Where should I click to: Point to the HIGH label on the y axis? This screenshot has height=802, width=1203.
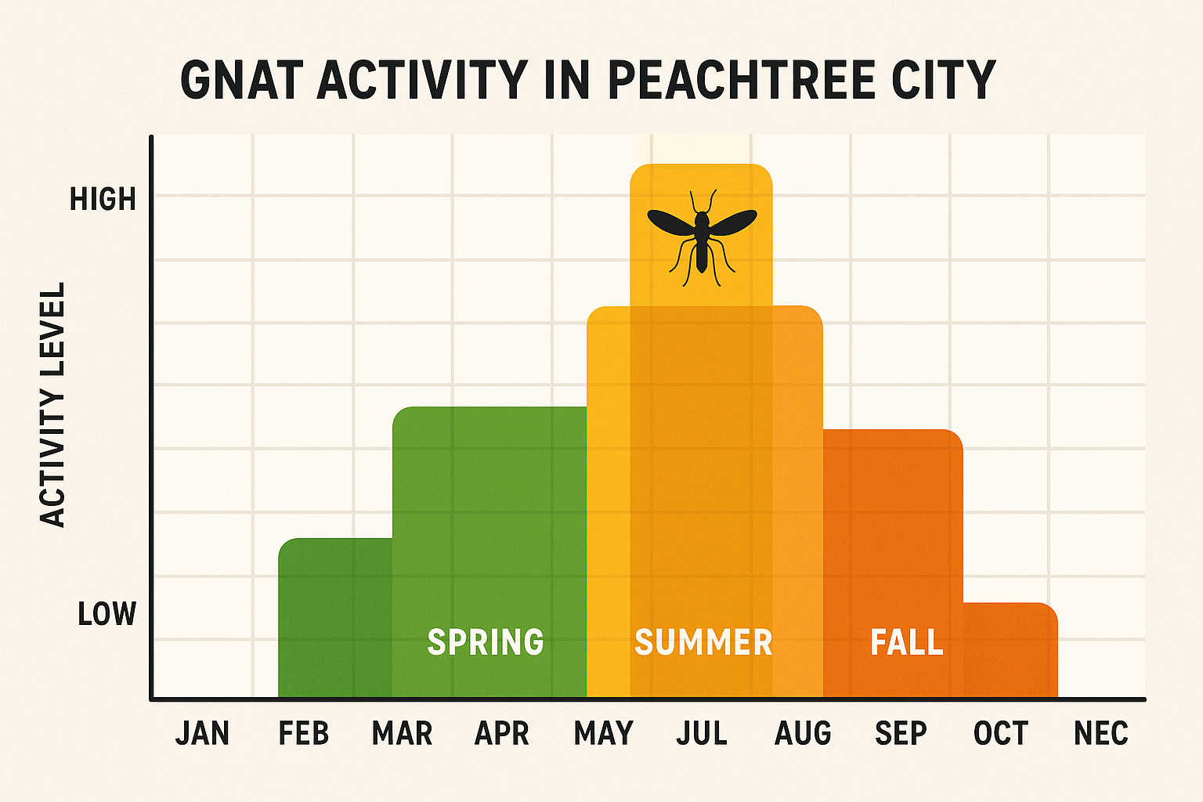coord(103,200)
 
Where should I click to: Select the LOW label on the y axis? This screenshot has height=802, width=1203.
coord(107,614)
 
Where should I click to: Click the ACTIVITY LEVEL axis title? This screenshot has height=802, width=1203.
coord(52,406)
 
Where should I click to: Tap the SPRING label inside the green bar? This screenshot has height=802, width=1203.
coord(486,642)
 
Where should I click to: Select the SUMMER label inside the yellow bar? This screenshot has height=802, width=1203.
coord(703,642)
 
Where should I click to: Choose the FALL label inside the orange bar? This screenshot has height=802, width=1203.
coord(907,642)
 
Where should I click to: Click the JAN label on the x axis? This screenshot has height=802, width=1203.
coord(202,734)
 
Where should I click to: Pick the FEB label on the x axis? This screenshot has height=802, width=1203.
coord(304,734)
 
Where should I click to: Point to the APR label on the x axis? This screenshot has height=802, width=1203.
coord(502,734)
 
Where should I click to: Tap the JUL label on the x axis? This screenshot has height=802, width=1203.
coord(702,734)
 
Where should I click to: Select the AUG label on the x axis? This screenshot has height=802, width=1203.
coord(803,734)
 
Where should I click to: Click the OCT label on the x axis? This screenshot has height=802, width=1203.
coord(1000,734)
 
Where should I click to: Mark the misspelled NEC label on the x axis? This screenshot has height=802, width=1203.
coord(1100,734)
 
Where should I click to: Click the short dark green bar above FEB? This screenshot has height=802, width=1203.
coord(335,619)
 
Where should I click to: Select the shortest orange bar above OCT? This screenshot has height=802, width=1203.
coord(1010,650)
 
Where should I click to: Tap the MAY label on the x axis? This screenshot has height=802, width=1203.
coord(603,734)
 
